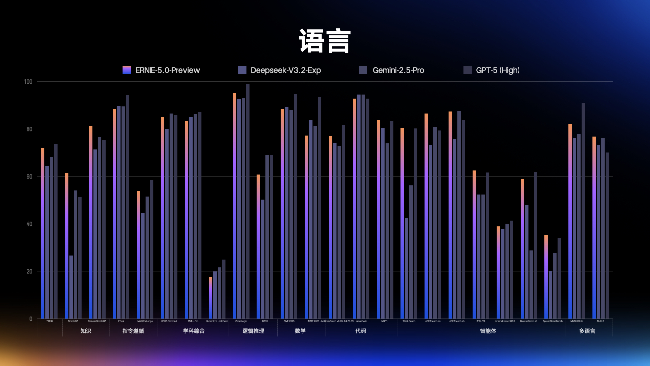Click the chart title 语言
click(325, 41)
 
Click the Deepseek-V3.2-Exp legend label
click(285, 70)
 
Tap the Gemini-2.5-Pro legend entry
click(398, 70)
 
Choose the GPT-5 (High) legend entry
click(497, 70)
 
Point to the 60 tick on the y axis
click(29, 177)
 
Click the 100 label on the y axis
click(28, 82)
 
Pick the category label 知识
click(86, 331)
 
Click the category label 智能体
click(488, 331)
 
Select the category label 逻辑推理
click(253, 331)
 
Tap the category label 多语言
click(587, 331)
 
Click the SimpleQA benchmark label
click(73, 321)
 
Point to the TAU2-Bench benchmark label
click(409, 321)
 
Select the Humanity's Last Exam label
click(217, 321)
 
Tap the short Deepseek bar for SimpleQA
click(71, 288)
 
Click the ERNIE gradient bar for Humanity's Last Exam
click(211, 298)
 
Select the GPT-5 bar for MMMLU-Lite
click(583, 210)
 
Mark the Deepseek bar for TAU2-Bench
click(407, 268)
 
